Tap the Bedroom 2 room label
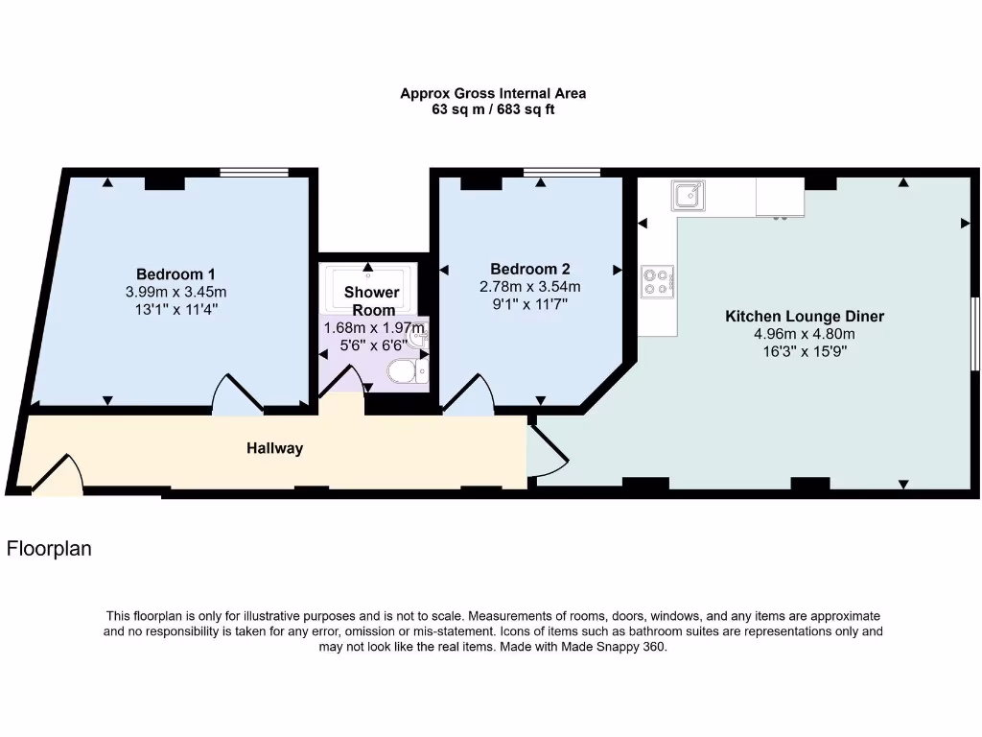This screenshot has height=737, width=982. pos(530,269)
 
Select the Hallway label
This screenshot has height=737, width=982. pos(274,448)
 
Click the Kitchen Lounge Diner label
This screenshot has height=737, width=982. pos(804,316)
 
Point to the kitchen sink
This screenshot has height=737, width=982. pos(688,196)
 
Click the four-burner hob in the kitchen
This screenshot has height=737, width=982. pos(657,280)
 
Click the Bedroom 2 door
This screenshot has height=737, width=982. pos(468,395)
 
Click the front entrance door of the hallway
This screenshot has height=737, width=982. pos(58,476)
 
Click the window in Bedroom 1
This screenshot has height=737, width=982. pos(253,173)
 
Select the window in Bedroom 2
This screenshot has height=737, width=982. pos(562,173)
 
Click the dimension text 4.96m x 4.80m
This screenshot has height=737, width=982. pos(804,334)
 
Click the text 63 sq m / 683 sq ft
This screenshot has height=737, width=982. pos(493,109)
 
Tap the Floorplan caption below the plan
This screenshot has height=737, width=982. pos(49,550)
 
